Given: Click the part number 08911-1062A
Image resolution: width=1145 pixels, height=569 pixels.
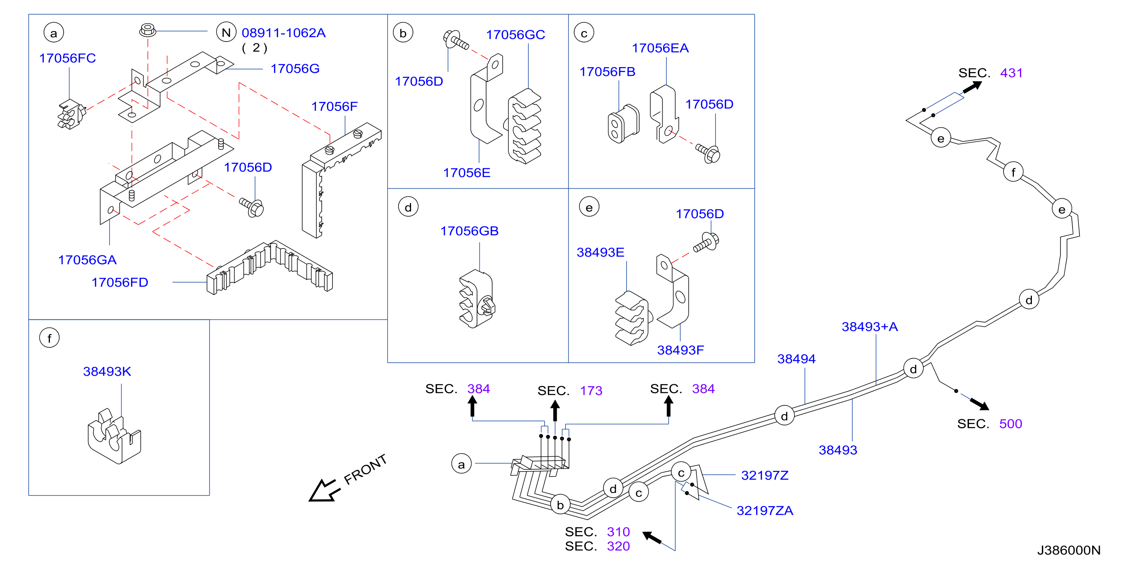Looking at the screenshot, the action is click(x=284, y=33).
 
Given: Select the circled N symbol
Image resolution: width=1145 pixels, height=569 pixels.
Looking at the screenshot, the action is click(x=226, y=33).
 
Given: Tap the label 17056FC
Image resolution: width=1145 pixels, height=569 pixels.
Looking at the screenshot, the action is click(x=67, y=58).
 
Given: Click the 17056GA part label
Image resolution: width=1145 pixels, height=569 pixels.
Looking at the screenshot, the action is click(x=87, y=260).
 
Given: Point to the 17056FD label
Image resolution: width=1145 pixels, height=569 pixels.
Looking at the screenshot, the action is click(x=120, y=282).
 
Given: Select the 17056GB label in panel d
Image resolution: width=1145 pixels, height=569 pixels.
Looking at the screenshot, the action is click(x=469, y=231).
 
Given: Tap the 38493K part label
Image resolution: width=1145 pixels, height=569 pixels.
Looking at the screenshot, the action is click(x=107, y=371).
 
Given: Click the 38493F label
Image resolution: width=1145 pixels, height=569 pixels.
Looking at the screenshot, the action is click(x=681, y=350).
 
